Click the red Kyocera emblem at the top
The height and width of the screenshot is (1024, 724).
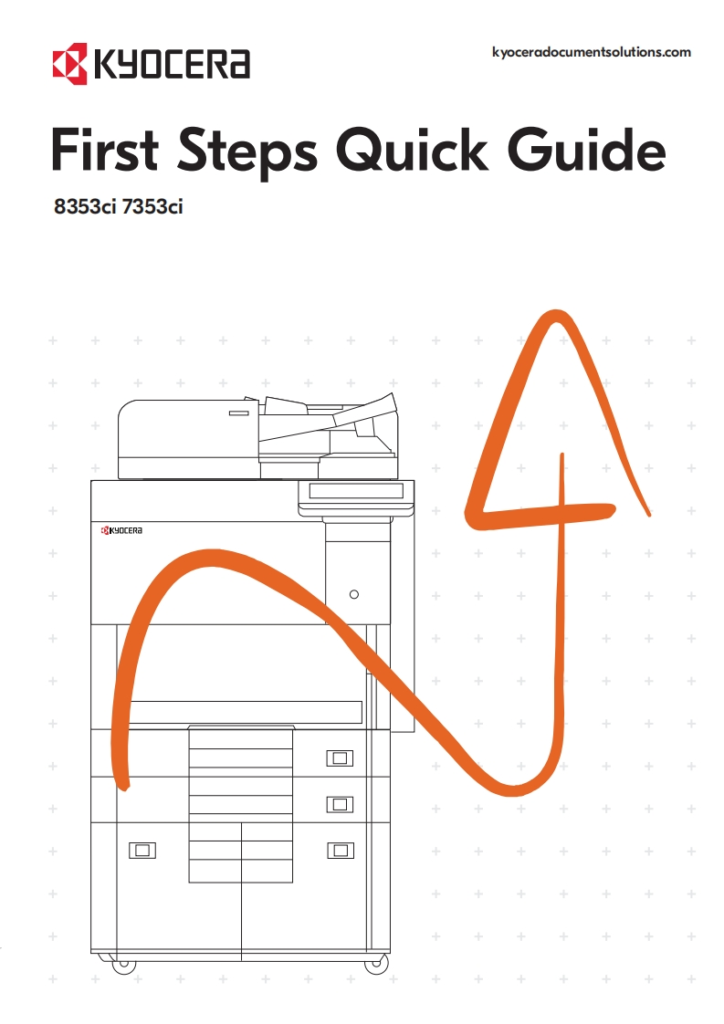tap(70, 63)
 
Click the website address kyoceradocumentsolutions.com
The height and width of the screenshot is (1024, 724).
tap(592, 52)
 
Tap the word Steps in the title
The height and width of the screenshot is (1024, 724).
tap(247, 152)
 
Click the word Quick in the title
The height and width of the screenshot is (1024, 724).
tap(412, 151)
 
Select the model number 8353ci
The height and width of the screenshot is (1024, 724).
tap(85, 206)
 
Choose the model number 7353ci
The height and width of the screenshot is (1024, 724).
tap(152, 206)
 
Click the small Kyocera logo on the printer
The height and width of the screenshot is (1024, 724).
tap(121, 530)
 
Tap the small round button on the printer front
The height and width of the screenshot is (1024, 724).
tap(354, 594)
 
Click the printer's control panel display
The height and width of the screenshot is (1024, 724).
tap(356, 491)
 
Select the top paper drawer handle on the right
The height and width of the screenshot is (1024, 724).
tap(340, 758)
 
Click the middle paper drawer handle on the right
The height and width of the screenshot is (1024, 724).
tap(340, 804)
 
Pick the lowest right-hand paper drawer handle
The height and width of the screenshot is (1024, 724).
tap(340, 851)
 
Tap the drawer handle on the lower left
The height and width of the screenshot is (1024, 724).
tap(142, 851)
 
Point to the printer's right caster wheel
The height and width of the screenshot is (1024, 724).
tap(376, 964)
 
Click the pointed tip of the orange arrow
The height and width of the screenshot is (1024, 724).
tap(556, 315)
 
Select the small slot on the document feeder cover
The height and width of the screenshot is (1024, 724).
tap(239, 413)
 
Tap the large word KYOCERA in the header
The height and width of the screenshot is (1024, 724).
tap(173, 64)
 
